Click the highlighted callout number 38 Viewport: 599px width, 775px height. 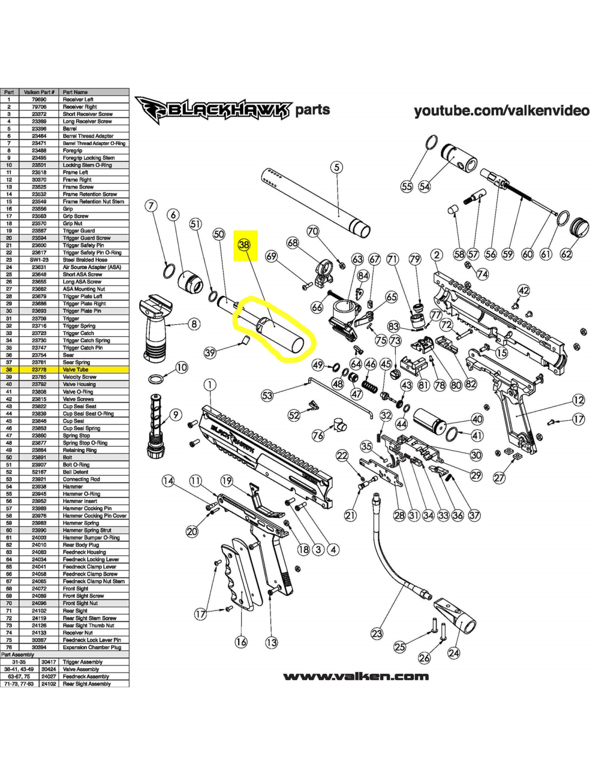(x=244, y=245)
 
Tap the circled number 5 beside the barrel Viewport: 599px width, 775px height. (x=337, y=167)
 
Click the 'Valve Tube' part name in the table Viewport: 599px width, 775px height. (x=75, y=370)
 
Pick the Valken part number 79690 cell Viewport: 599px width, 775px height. (x=39, y=100)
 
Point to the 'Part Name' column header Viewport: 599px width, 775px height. (x=75, y=92)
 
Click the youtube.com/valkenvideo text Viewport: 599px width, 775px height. (x=502, y=111)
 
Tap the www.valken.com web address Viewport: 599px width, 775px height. (x=356, y=676)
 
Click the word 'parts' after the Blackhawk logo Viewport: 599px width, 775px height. (x=313, y=110)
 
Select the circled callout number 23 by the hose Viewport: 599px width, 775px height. (x=377, y=633)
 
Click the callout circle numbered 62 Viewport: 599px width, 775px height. (x=566, y=254)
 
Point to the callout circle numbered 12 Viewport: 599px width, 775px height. (x=578, y=400)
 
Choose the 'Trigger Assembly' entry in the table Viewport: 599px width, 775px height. (x=83, y=662)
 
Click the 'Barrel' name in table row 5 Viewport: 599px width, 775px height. (x=70, y=129)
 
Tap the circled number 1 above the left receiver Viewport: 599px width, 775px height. (x=210, y=385)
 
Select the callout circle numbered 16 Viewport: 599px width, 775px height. (x=241, y=642)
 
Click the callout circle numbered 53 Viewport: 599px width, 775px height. (x=267, y=395)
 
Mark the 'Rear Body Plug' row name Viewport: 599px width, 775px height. (x=81, y=544)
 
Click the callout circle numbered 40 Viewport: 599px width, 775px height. (x=477, y=419)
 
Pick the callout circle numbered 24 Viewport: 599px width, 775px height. (x=454, y=652)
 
